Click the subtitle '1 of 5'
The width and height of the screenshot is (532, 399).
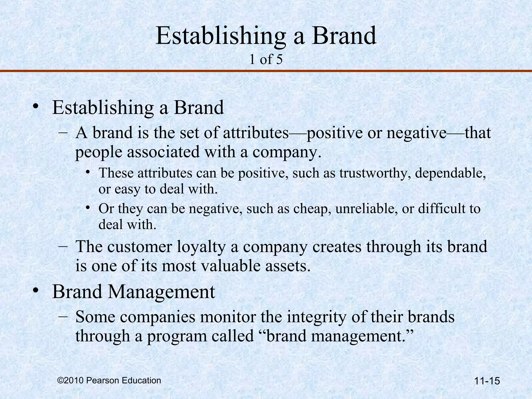266,59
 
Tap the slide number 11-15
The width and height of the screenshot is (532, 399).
487,381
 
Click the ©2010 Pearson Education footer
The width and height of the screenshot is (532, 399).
109,380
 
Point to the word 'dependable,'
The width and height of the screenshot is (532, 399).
450,173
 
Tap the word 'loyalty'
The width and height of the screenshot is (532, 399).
201,247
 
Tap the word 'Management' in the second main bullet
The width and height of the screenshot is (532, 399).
162,292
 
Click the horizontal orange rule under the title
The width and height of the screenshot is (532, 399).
266,71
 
